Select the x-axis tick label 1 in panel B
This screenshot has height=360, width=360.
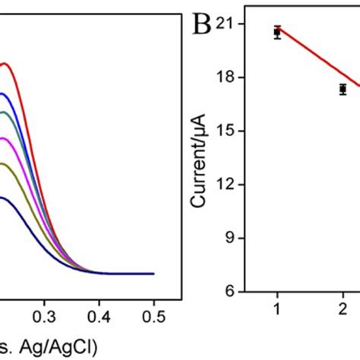tap(277, 311)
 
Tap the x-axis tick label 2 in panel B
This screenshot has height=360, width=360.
tap(343, 311)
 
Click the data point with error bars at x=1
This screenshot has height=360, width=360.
tap(277, 32)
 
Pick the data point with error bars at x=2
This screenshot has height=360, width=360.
tap(343, 89)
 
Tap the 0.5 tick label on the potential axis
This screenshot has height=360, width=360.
tap(154, 311)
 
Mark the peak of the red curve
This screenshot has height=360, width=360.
tap(8, 64)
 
